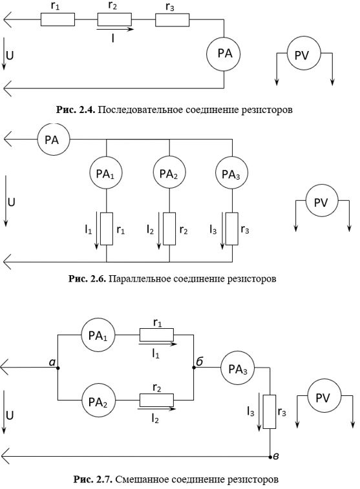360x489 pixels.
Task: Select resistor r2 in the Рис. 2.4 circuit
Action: [x=114, y=19]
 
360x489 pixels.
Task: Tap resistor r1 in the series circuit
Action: [x=58, y=19]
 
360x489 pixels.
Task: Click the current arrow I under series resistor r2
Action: [x=115, y=29]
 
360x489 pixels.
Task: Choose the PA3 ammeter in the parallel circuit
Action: [x=232, y=172]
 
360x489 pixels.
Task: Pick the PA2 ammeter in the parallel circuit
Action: [x=169, y=172]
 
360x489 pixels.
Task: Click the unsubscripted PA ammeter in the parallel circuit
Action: [x=54, y=140]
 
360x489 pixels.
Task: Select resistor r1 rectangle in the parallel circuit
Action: [x=107, y=229]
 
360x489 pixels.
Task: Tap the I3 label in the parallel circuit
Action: [x=213, y=230]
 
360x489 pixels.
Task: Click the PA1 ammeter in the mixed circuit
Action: [x=98, y=335]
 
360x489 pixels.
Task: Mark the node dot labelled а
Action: [x=58, y=368]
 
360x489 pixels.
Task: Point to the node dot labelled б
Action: [x=194, y=368]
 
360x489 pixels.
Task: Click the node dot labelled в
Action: [x=270, y=457]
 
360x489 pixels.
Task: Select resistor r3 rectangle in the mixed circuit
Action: [x=270, y=411]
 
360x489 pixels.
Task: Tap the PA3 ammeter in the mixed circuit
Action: [x=238, y=368]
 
